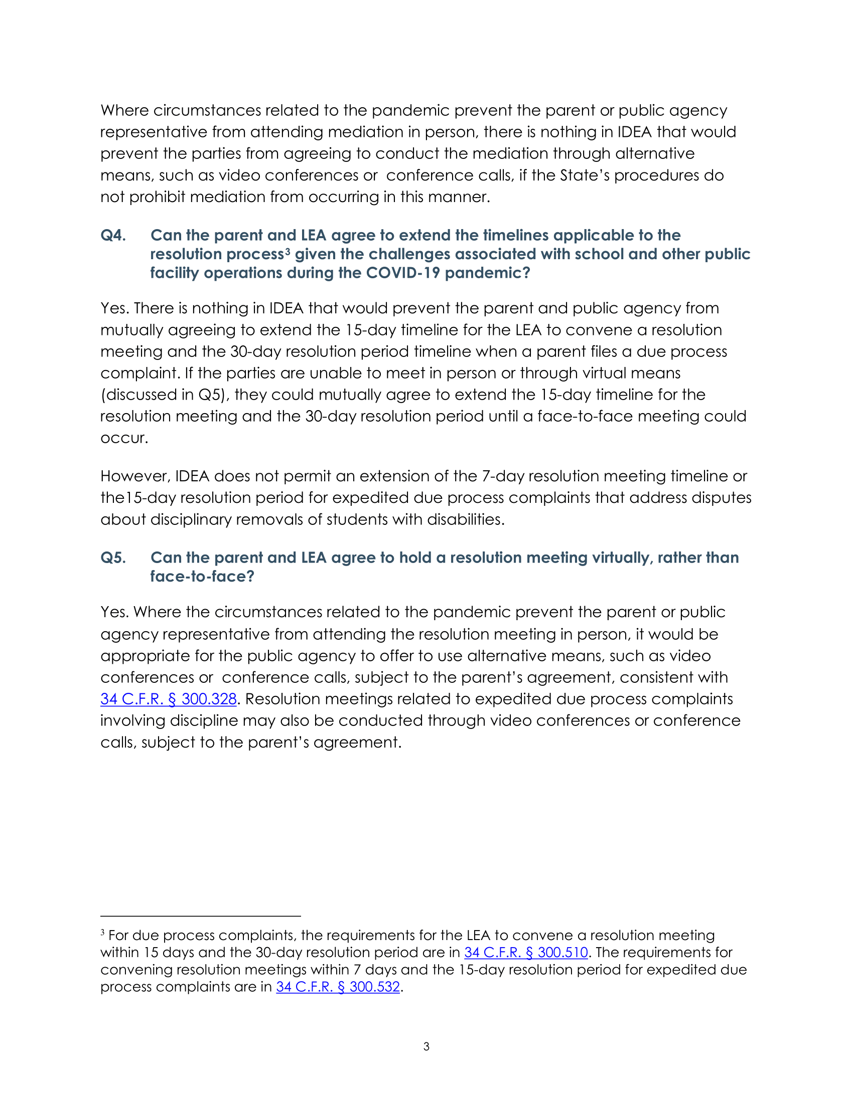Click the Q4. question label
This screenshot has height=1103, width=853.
tap(113, 235)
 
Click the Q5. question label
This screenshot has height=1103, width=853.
tap(113, 558)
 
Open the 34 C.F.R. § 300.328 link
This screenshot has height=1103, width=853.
tap(168, 699)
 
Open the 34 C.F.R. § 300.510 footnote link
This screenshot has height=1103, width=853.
tap(525, 952)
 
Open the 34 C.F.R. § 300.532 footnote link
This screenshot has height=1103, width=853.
tap(338, 986)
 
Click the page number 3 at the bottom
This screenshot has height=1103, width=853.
tap(426, 1046)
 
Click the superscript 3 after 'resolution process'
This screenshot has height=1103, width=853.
tap(287, 251)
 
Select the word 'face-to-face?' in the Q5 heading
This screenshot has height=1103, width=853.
tap(202, 576)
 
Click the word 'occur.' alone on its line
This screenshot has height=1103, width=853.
tap(124, 438)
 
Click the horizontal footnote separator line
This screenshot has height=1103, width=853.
tap(201, 915)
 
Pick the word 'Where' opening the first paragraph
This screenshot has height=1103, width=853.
tap(124, 110)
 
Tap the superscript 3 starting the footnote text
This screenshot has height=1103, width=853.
tap(102, 933)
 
